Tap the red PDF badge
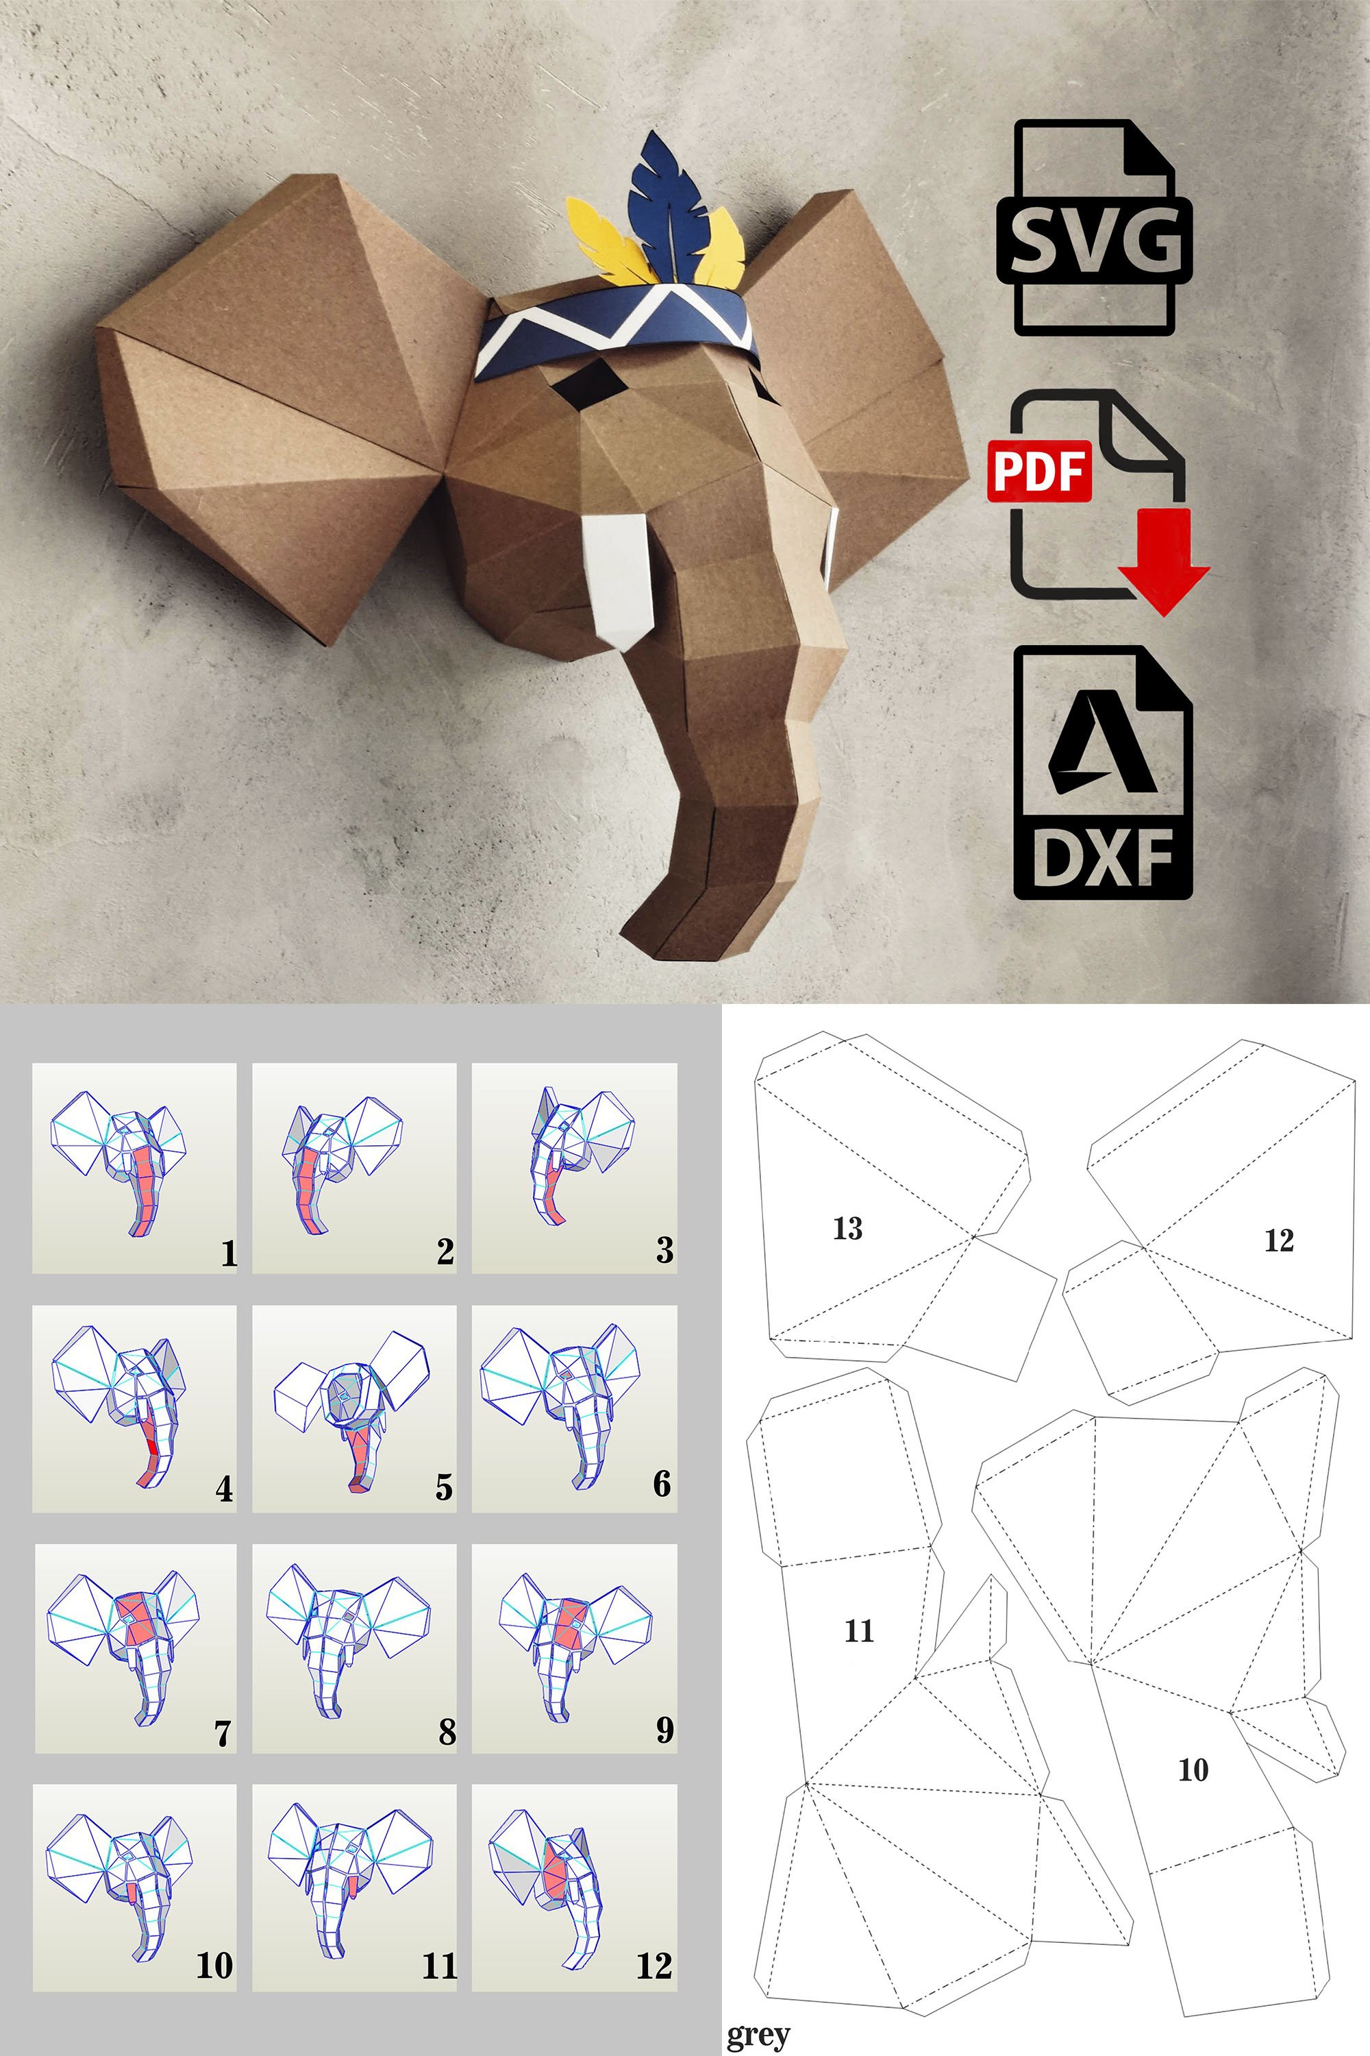tap(1039, 472)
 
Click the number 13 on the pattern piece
tap(847, 1228)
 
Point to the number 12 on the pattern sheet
tap(1278, 1240)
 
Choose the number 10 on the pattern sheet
tap(1193, 1770)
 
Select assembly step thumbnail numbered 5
tap(354, 1408)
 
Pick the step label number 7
tap(223, 1733)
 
